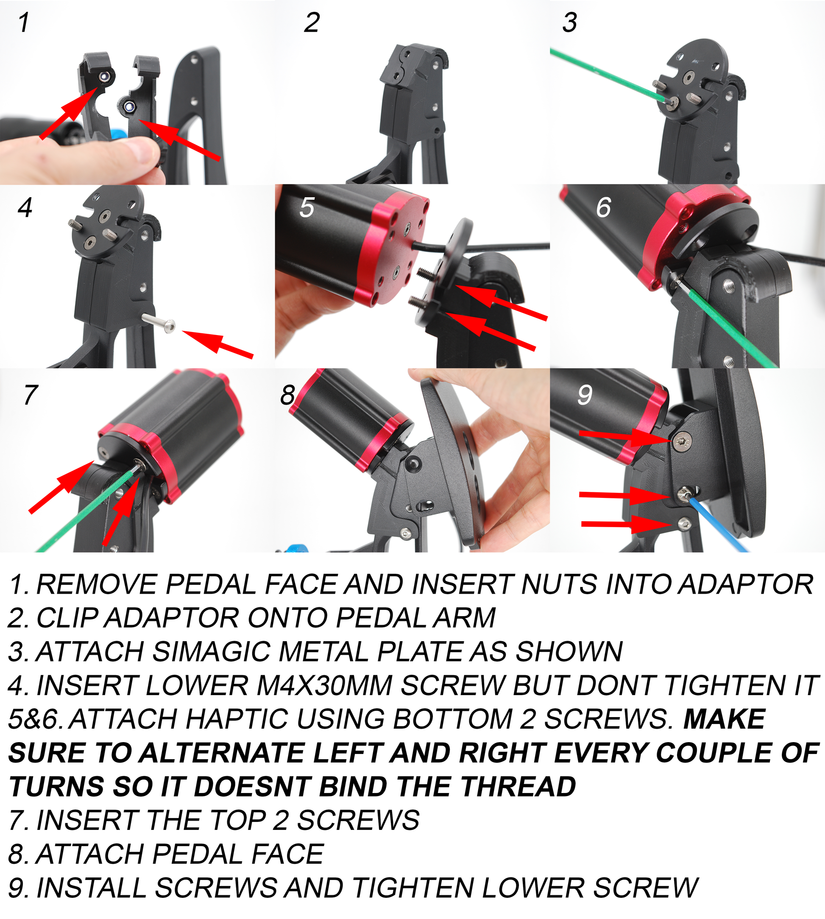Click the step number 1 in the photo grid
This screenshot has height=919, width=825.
click(24, 22)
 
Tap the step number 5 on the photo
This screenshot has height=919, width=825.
click(307, 208)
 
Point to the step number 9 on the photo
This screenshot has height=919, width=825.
click(585, 395)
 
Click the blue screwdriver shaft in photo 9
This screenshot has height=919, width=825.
click(719, 524)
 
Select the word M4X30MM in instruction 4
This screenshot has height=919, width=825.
click(324, 685)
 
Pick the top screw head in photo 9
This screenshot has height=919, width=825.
click(682, 441)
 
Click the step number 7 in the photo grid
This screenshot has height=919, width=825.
click(31, 395)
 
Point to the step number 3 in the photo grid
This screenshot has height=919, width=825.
click(570, 22)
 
